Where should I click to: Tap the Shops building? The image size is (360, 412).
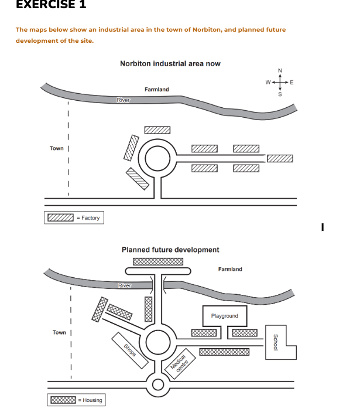(129, 350)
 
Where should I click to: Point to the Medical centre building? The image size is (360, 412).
(180, 364)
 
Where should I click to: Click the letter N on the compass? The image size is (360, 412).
(280, 71)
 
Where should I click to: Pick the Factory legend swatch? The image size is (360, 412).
(61, 217)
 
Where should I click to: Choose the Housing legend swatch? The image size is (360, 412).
(63, 400)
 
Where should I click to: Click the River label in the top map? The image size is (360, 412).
(124, 100)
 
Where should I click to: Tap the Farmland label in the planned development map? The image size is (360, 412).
(230, 269)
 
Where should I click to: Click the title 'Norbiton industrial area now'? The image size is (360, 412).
(170, 63)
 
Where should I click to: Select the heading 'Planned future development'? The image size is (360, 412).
(170, 250)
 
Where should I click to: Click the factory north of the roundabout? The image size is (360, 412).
(157, 130)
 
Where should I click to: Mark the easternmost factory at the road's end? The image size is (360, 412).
(280, 158)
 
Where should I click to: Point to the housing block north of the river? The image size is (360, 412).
(158, 261)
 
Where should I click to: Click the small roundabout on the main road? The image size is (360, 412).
(158, 384)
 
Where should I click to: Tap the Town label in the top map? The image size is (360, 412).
(57, 148)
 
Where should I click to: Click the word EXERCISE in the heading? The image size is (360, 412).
(46, 4)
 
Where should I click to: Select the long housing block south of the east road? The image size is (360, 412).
(224, 352)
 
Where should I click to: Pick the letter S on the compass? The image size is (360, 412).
(280, 94)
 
